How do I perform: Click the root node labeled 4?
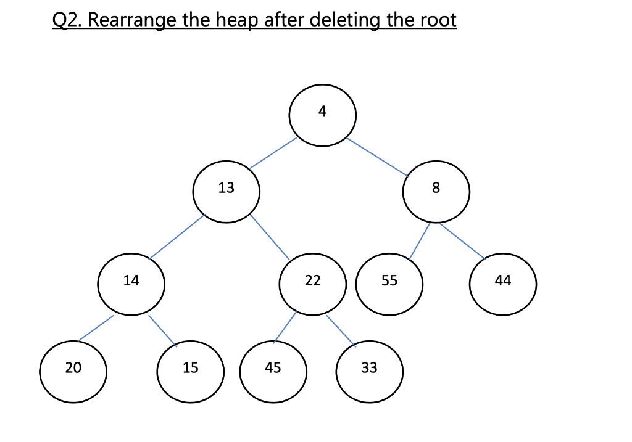pos(322,116)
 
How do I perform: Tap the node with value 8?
pos(436,192)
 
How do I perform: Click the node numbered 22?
pos(312,284)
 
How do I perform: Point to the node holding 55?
pos(389,284)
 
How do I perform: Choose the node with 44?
pos(503,284)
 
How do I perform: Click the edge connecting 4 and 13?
pos(273,153)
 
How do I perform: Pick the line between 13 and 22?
pos(270,236)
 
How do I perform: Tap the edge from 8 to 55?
pos(420,241)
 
